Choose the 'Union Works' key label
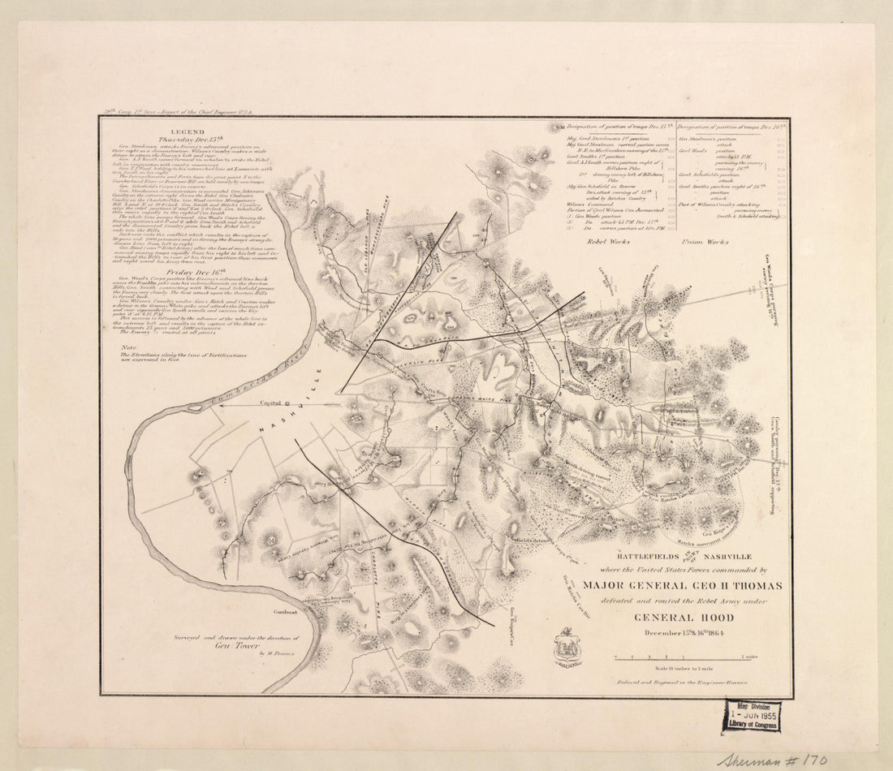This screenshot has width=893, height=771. coord(705,242)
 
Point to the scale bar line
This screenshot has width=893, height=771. coord(682,657)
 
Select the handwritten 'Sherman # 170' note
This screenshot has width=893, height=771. coord(771,760)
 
